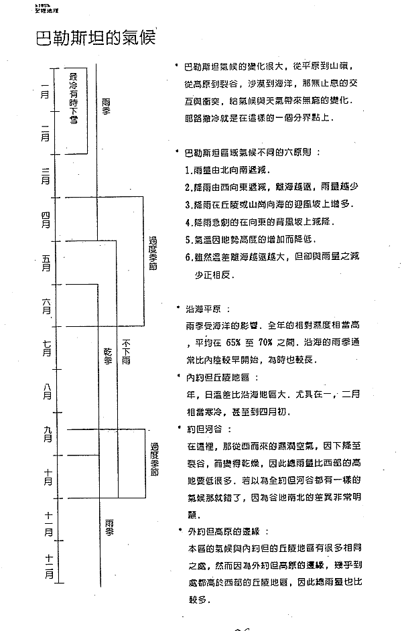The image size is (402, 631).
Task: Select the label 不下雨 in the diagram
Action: (x=126, y=351)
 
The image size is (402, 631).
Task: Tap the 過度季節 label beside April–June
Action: (x=153, y=260)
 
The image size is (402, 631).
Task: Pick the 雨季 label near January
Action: (x=107, y=107)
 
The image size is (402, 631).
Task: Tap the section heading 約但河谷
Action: (x=208, y=428)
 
